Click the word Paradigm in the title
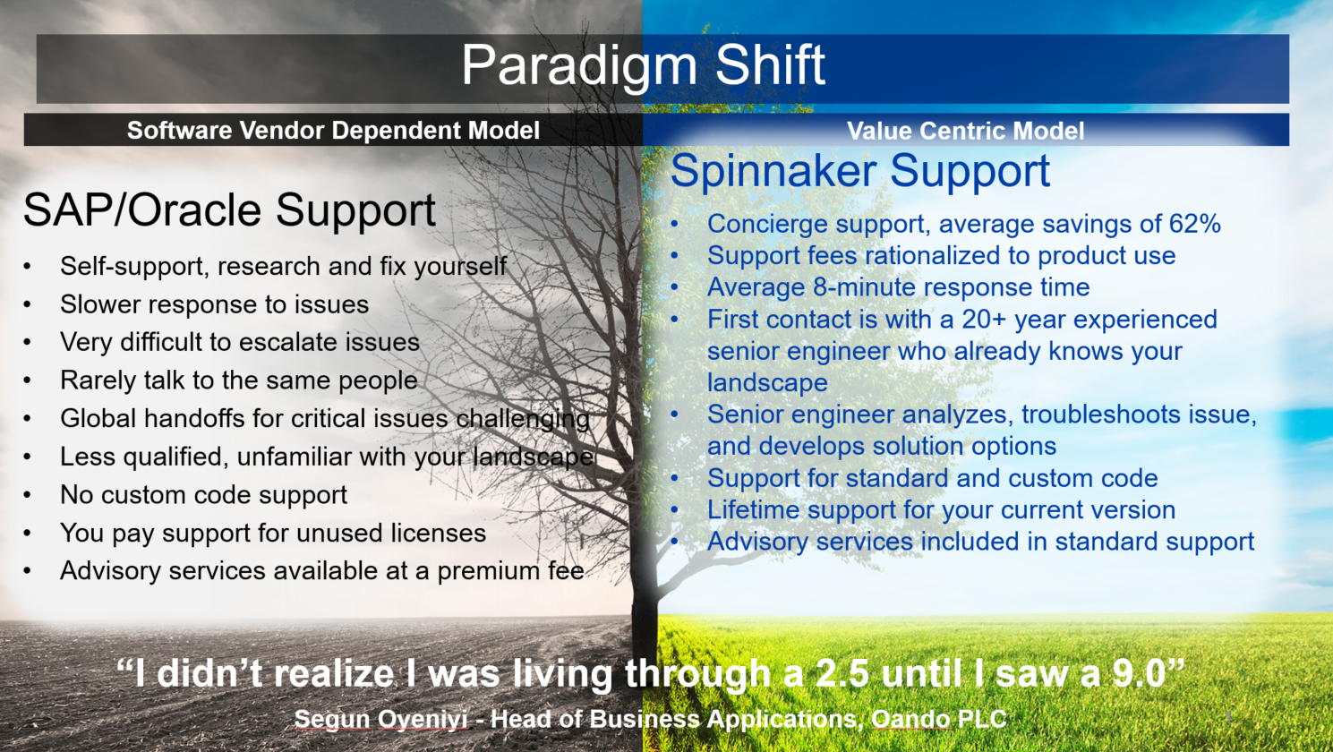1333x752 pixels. tap(579, 66)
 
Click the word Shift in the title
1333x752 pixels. tap(770, 64)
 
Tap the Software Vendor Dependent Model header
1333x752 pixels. tap(333, 131)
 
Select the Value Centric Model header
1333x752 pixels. tap(965, 131)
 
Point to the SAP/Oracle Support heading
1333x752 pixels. tap(229, 211)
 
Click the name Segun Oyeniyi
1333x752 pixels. tap(380, 719)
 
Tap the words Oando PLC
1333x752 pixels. tap(939, 719)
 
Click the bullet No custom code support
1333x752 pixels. tap(203, 495)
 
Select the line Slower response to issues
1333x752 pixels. tap(214, 304)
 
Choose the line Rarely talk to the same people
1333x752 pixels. tap(239, 380)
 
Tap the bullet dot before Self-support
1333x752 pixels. tap(28, 267)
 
